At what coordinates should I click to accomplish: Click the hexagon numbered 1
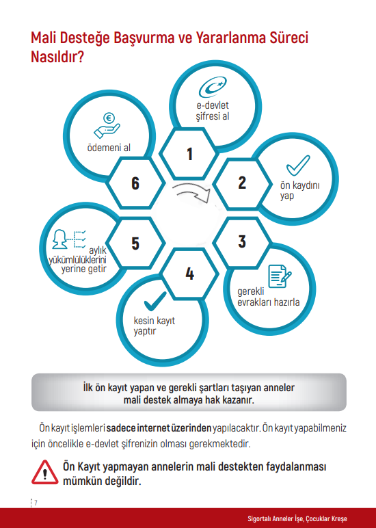pos(189,154)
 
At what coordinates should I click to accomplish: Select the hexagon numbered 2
pos(243,183)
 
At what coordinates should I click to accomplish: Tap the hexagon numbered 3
pos(243,242)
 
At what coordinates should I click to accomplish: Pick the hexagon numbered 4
pos(189,273)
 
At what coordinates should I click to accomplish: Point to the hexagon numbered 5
pos(135,243)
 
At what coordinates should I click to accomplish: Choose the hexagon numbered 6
pos(135,183)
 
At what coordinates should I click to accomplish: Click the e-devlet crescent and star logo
pos(213,87)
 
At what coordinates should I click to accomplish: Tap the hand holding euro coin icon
pos(107,125)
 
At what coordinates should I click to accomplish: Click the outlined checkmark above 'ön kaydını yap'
pos(298,165)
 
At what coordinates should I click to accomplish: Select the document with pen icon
pos(280,276)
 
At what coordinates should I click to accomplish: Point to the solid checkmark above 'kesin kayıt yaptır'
pos(155,302)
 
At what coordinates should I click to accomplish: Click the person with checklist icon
pos(69,239)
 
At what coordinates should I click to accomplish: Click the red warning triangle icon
pos(44,473)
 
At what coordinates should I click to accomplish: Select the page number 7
pos(36,503)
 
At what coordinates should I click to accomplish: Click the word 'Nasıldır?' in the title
pos(57,56)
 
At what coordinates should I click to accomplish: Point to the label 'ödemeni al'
pos(109,148)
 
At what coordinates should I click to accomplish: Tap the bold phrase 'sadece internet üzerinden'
pos(159,428)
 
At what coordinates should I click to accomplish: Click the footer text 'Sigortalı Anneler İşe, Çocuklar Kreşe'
pos(297,518)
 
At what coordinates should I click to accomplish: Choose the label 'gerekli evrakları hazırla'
pos(268,297)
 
